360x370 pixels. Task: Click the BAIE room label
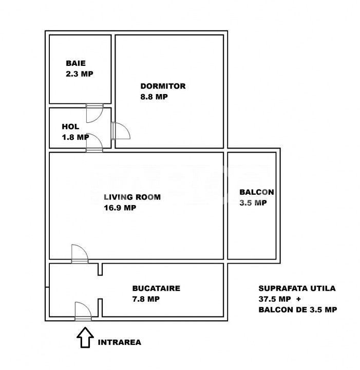75,63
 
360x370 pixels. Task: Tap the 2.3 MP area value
80,74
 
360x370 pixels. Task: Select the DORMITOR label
163,86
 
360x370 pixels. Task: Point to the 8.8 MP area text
154,97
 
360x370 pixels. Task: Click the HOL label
70,127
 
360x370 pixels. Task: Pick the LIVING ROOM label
132,197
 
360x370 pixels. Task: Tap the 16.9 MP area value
120,208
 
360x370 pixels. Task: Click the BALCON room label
257,192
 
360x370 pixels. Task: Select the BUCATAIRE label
156,288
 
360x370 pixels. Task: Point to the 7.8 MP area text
146,299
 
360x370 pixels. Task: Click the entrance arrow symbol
85,338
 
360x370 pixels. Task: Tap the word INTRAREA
120,342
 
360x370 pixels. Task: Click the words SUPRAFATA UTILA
297,288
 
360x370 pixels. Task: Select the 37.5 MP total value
275,299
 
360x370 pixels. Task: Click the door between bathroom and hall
94,113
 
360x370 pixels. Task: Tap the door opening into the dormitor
121,131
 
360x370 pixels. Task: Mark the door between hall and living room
94,143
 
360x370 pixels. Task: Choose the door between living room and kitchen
80,254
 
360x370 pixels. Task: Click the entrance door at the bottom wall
83,311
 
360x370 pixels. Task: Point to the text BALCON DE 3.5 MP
297,309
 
